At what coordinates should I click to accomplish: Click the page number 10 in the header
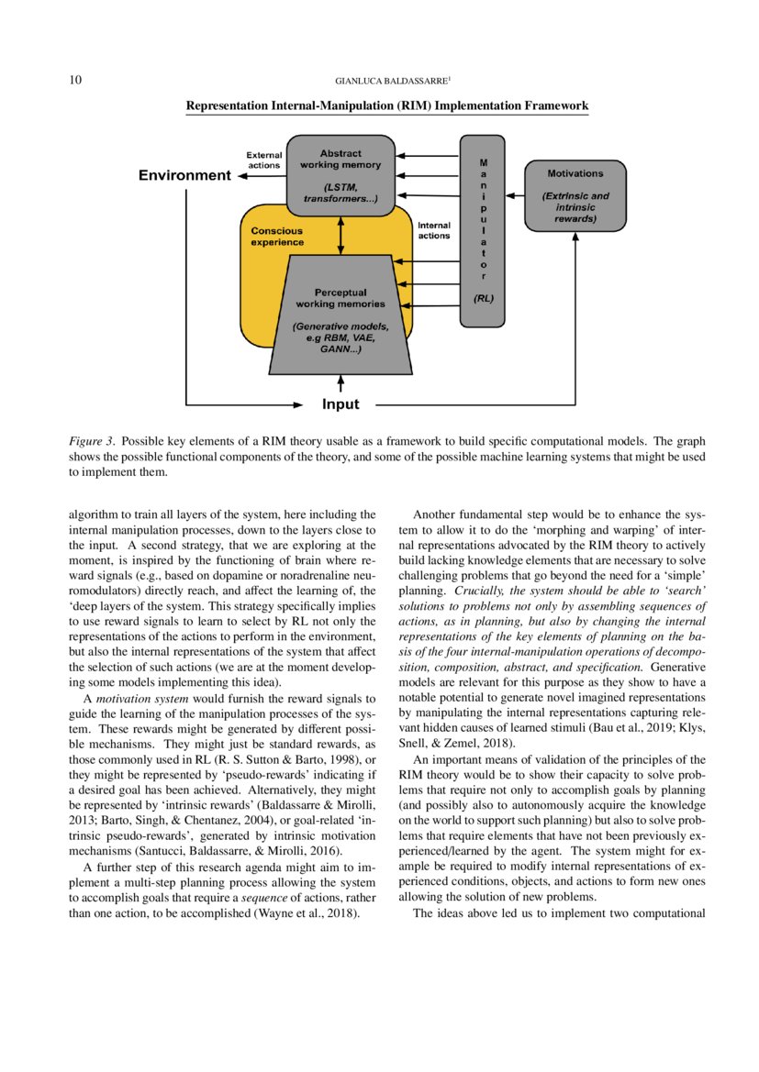[x=76, y=81]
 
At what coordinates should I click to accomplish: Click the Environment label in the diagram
[x=184, y=175]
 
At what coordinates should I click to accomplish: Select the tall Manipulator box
[x=482, y=228]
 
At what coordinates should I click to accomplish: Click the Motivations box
[x=575, y=195]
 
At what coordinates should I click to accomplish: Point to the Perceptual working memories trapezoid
[x=340, y=316]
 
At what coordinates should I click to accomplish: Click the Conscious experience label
[x=277, y=237]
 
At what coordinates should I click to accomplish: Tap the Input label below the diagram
[x=340, y=403]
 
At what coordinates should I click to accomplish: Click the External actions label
[x=264, y=160]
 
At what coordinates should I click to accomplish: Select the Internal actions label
[x=433, y=230]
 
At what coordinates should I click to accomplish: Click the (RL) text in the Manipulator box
[x=483, y=298]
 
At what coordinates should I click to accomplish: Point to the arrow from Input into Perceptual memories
[x=340, y=383]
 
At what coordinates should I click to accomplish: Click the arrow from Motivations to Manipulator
[x=514, y=196]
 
